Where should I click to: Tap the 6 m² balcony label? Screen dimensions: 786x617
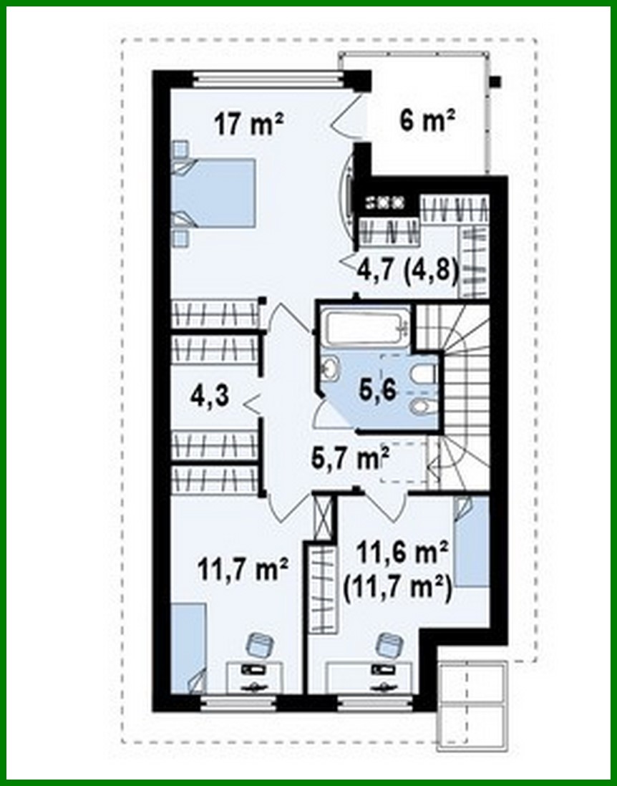click(x=427, y=120)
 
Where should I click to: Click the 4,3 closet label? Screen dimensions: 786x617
click(x=210, y=395)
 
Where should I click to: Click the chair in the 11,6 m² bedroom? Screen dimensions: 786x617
click(x=389, y=644)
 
